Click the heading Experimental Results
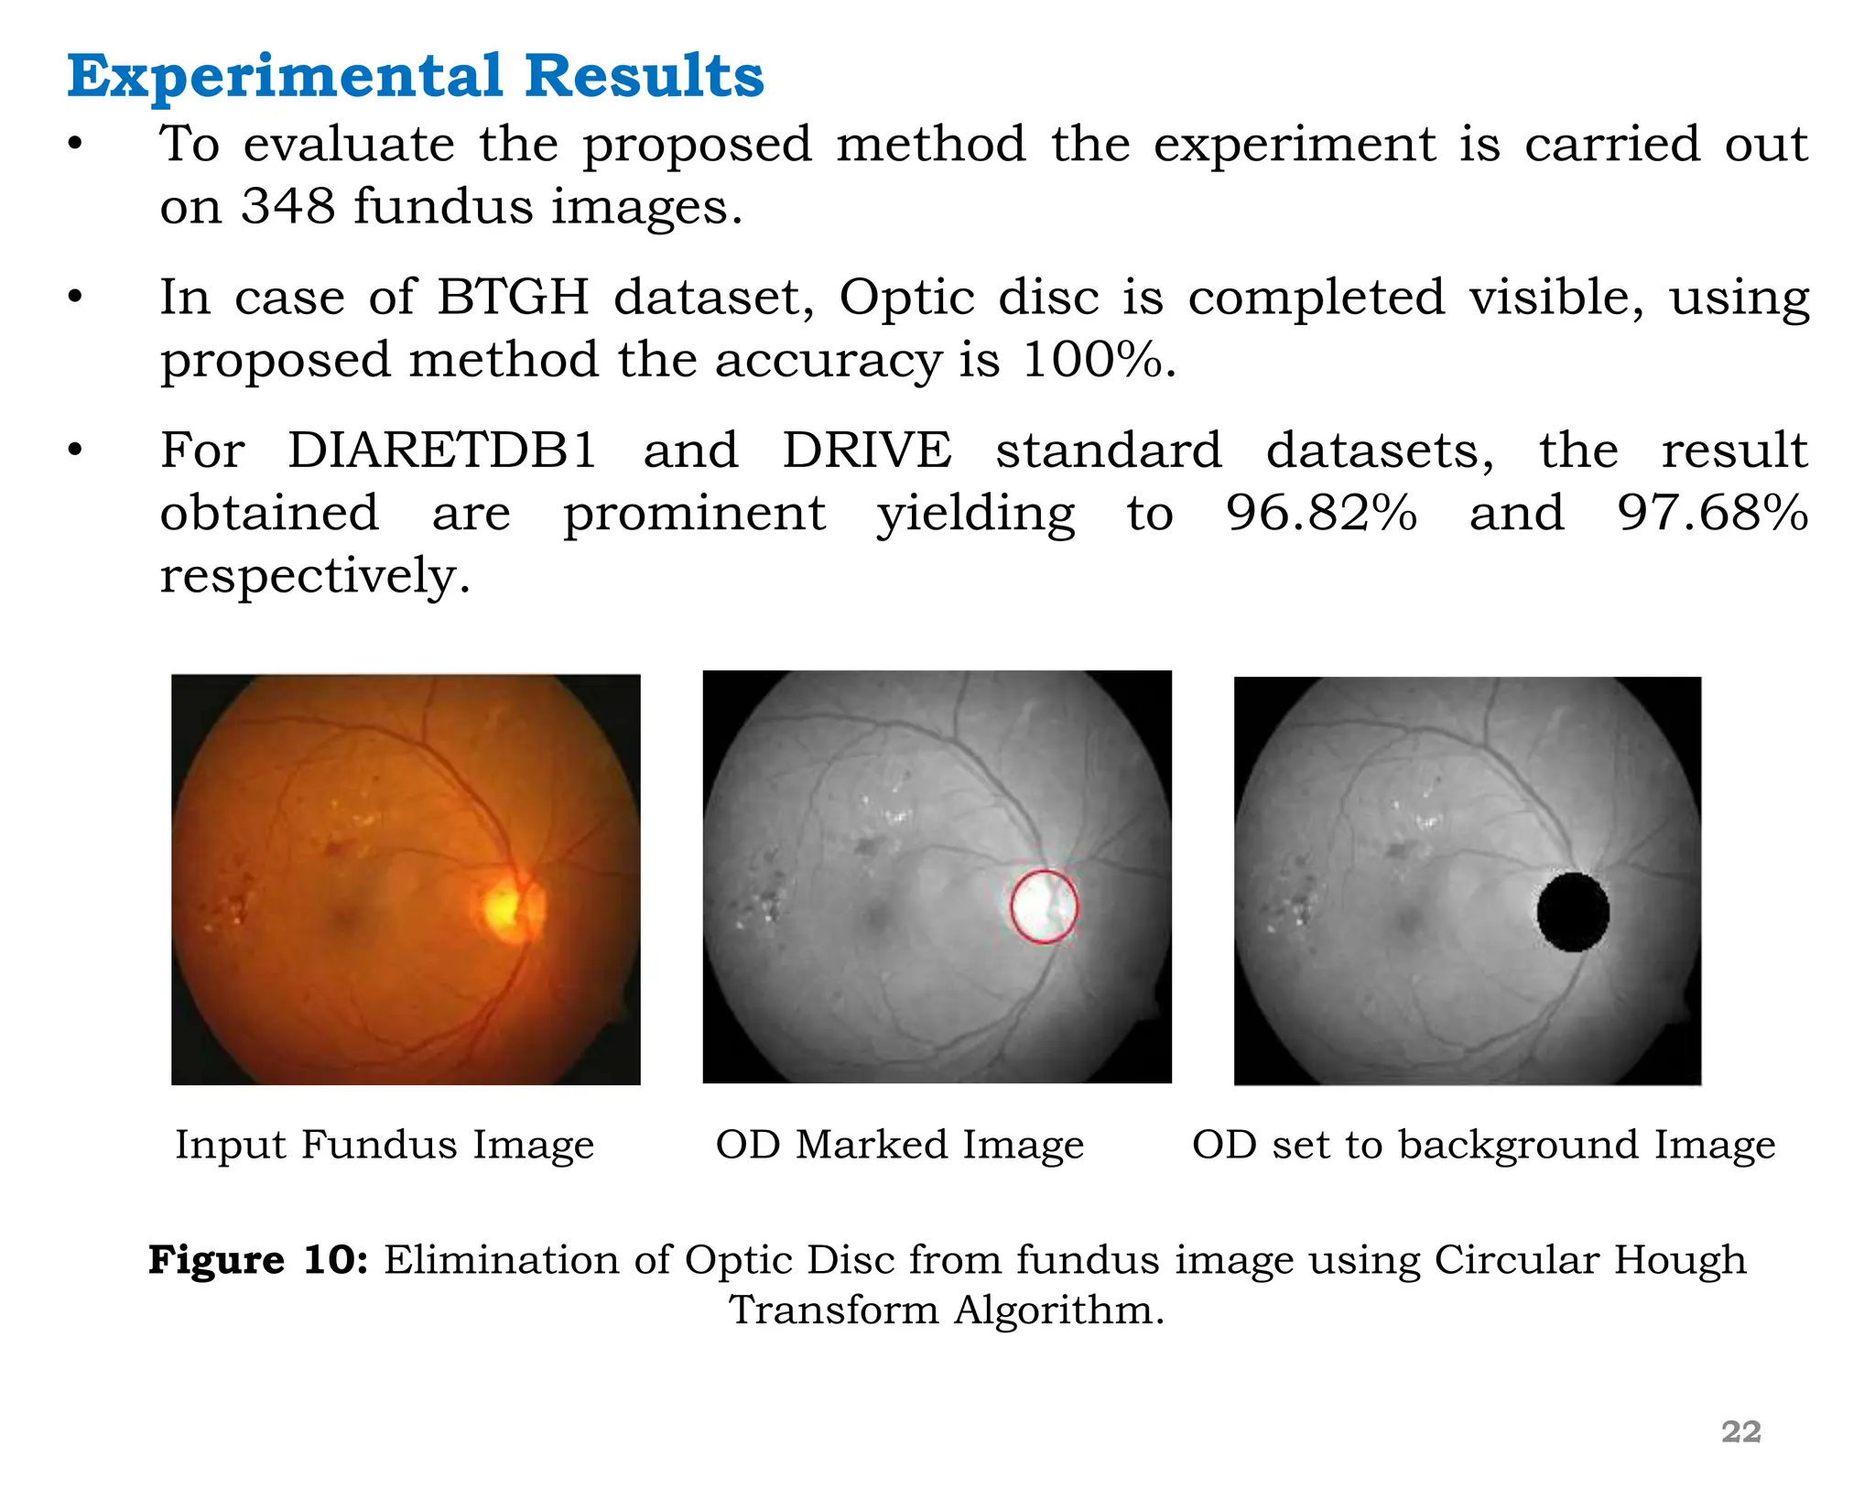click(415, 76)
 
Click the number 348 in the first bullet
click(287, 206)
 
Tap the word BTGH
click(513, 298)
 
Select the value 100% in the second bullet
click(1091, 360)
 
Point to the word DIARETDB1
click(442, 451)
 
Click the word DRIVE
click(866, 451)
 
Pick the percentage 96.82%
click(1320, 513)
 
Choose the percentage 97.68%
click(1712, 513)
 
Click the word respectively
click(314, 576)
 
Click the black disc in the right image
click(1573, 911)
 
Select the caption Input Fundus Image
click(385, 1145)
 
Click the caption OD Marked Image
click(899, 1145)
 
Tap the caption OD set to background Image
click(1483, 1145)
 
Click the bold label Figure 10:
click(258, 1260)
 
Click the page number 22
click(1740, 1431)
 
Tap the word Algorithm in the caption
click(1058, 1310)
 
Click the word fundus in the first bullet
click(443, 206)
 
